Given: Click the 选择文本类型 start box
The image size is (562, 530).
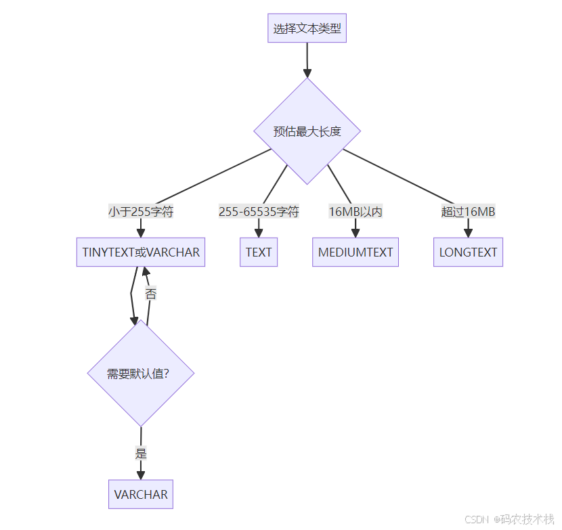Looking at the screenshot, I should (307, 28).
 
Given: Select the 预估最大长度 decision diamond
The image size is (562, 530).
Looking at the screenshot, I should (307, 131).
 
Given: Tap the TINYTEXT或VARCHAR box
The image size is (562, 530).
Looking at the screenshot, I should (141, 252).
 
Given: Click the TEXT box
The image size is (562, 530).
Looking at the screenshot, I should (259, 252).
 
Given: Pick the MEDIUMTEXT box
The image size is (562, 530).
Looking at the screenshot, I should (355, 252).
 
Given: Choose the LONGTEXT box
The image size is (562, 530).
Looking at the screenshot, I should (468, 252).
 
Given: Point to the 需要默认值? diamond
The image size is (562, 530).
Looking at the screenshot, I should (141, 373).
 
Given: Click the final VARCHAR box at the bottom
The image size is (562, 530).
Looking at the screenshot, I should (141, 495).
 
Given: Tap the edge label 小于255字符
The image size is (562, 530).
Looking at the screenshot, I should (141, 212).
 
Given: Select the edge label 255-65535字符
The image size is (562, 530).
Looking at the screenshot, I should (259, 212).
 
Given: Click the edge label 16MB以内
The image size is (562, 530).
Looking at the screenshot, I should (355, 212).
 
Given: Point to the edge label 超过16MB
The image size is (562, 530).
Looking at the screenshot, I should (468, 212).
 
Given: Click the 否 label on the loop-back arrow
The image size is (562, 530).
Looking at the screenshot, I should (151, 294).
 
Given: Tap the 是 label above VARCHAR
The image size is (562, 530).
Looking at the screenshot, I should (141, 454).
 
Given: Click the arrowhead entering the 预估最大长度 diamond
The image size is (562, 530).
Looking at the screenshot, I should (307, 73).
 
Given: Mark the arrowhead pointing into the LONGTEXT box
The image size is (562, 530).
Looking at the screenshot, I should (468, 233).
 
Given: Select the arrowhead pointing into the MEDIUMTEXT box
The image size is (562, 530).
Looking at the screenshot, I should (355, 233).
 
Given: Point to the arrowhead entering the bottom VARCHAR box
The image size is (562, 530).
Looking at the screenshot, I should (141, 475).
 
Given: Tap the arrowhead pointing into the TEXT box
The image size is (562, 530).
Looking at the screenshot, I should (259, 233).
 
